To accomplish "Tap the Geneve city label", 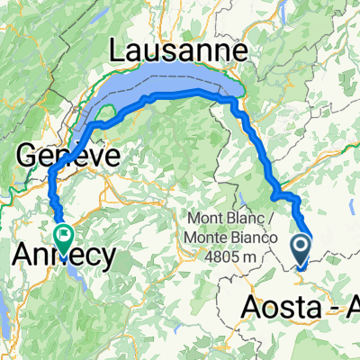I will click(x=67, y=155).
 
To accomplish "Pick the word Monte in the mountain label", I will click(x=209, y=235).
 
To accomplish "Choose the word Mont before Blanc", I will click(x=207, y=218).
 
